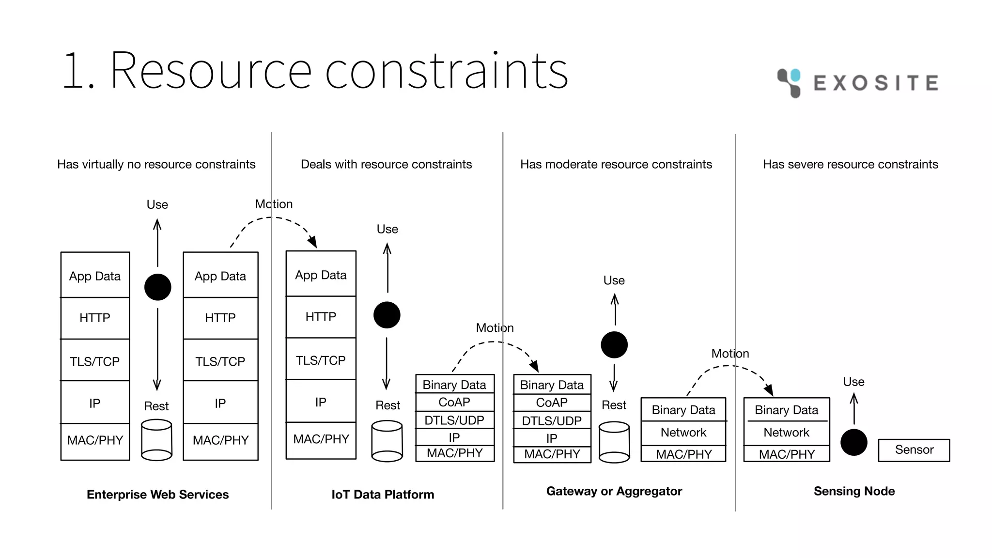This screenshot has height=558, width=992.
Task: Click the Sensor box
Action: pyautogui.click(x=914, y=450)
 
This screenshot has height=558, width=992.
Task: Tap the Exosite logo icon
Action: pyautogui.click(x=789, y=82)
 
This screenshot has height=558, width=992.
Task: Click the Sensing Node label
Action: pyautogui.click(x=854, y=491)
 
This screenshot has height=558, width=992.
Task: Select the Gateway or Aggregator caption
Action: pyautogui.click(x=614, y=491)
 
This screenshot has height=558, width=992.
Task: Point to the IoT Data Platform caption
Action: pyautogui.click(x=383, y=495)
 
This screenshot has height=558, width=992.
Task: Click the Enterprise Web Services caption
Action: pyautogui.click(x=157, y=495)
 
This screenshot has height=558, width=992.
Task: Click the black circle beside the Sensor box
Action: pyautogui.click(x=853, y=442)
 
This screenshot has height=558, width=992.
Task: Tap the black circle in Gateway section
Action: pyautogui.click(x=614, y=345)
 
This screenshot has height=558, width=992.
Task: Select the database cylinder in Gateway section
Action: pyautogui.click(x=614, y=442)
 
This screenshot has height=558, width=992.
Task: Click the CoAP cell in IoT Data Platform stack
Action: pyautogui.click(x=454, y=402)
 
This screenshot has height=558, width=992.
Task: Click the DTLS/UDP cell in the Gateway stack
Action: pyautogui.click(x=552, y=420)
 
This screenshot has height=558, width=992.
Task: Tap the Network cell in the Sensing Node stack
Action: pyautogui.click(x=786, y=433)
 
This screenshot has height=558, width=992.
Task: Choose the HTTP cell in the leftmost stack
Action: pyautogui.click(x=95, y=318)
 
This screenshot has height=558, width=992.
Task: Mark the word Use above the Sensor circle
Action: pyautogui.click(x=853, y=382)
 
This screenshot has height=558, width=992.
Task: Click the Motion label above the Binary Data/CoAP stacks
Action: pyautogui.click(x=495, y=328)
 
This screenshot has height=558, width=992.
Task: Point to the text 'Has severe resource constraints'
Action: pyautogui.click(x=850, y=164)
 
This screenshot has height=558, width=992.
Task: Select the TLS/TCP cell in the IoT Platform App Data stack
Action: pyautogui.click(x=321, y=360)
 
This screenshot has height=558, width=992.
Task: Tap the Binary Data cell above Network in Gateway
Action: pyautogui.click(x=683, y=410)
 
